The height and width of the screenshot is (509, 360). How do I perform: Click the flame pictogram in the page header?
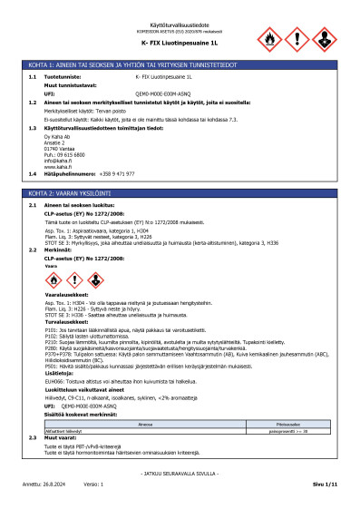271,39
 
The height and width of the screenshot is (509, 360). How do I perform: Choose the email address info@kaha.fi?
56,158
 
